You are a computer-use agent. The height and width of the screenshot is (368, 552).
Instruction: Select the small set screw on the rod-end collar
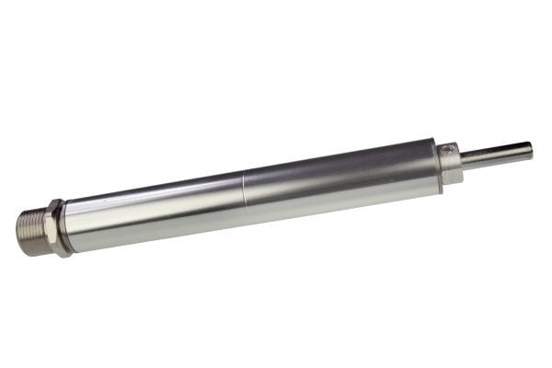click(x=448, y=150)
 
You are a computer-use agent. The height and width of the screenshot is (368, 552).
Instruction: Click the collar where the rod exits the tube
click(x=450, y=164)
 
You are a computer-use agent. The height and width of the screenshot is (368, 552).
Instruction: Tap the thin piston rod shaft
click(x=497, y=154)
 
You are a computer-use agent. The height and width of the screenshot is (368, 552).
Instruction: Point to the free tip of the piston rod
click(x=530, y=148)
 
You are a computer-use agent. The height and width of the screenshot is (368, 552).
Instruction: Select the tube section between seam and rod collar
click(x=340, y=179)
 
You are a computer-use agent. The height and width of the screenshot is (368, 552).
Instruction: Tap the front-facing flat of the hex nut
click(x=57, y=230)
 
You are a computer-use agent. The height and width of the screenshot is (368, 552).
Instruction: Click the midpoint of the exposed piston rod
click(x=497, y=154)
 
